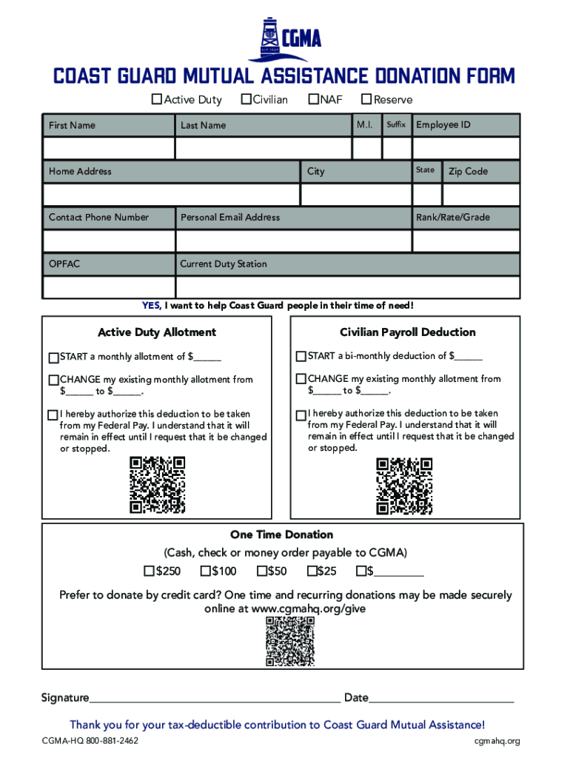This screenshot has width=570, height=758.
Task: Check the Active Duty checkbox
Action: (x=156, y=100)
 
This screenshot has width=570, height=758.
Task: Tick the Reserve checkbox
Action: (x=366, y=100)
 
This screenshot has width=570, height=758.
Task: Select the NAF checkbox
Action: (x=314, y=100)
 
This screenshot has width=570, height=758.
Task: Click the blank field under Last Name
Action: (x=263, y=148)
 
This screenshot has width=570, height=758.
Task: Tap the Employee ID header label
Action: (x=443, y=125)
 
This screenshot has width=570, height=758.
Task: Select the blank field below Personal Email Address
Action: (x=293, y=241)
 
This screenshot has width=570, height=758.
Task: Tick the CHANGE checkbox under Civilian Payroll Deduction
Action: (x=301, y=380)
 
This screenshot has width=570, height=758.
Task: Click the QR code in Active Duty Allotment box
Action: (x=157, y=485)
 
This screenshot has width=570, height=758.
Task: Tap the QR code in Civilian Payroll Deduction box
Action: (x=403, y=486)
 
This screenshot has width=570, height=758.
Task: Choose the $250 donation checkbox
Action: (x=150, y=571)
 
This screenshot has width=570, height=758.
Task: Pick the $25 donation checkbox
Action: (x=311, y=571)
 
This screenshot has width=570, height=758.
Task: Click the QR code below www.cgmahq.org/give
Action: (x=289, y=641)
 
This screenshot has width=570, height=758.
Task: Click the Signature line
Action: (x=215, y=698)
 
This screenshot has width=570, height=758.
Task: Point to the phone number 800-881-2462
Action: (x=111, y=741)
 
